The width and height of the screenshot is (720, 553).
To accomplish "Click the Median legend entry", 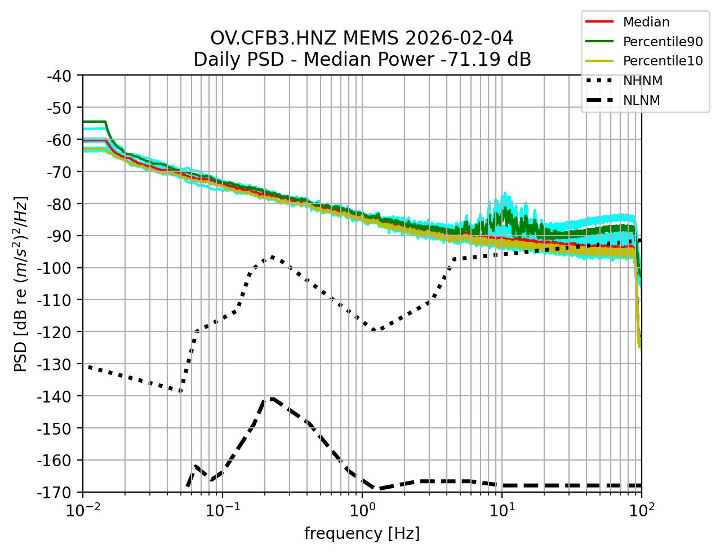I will pos(646,22).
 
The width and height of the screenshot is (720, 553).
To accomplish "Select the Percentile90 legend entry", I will pos(663,42).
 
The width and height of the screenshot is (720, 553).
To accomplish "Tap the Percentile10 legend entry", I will pos(663,61).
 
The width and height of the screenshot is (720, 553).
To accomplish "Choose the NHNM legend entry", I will pos(642,81).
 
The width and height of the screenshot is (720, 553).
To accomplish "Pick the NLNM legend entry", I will pos(641,100).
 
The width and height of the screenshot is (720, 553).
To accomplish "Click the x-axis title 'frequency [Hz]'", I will pos(362,533).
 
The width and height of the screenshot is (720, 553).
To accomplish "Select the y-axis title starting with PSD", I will pos(21,284).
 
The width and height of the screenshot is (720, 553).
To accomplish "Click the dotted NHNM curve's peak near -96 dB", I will pos(272,256).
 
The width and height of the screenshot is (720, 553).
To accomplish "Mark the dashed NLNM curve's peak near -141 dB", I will pos(272,399).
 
